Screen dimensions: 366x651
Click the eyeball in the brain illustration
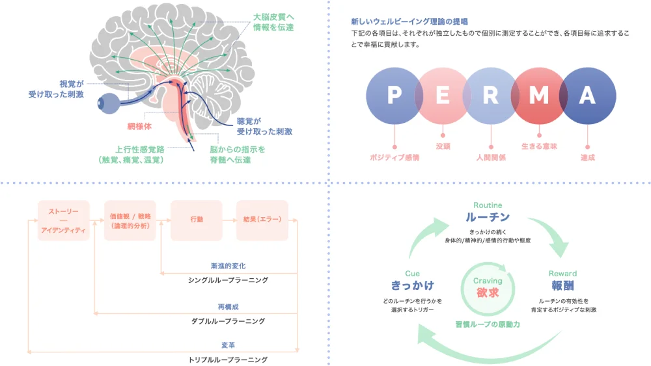(x=107, y=103)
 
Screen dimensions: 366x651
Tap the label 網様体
(x=139, y=127)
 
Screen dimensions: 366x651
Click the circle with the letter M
(x=538, y=96)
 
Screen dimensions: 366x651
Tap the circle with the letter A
(x=587, y=96)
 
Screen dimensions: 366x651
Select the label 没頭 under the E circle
(x=443, y=146)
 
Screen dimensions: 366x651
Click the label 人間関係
(x=491, y=157)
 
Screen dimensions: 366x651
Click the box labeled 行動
(x=196, y=220)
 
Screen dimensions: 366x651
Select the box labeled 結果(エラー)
(x=262, y=220)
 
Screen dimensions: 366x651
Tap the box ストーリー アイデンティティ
(x=63, y=220)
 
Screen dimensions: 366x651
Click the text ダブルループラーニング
(x=228, y=321)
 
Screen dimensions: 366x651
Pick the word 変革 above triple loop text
(x=228, y=345)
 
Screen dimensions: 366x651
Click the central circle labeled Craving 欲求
(x=488, y=287)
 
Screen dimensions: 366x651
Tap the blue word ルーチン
(x=488, y=216)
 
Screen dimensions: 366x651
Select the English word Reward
(x=562, y=274)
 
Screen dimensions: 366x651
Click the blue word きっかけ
(x=413, y=285)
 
